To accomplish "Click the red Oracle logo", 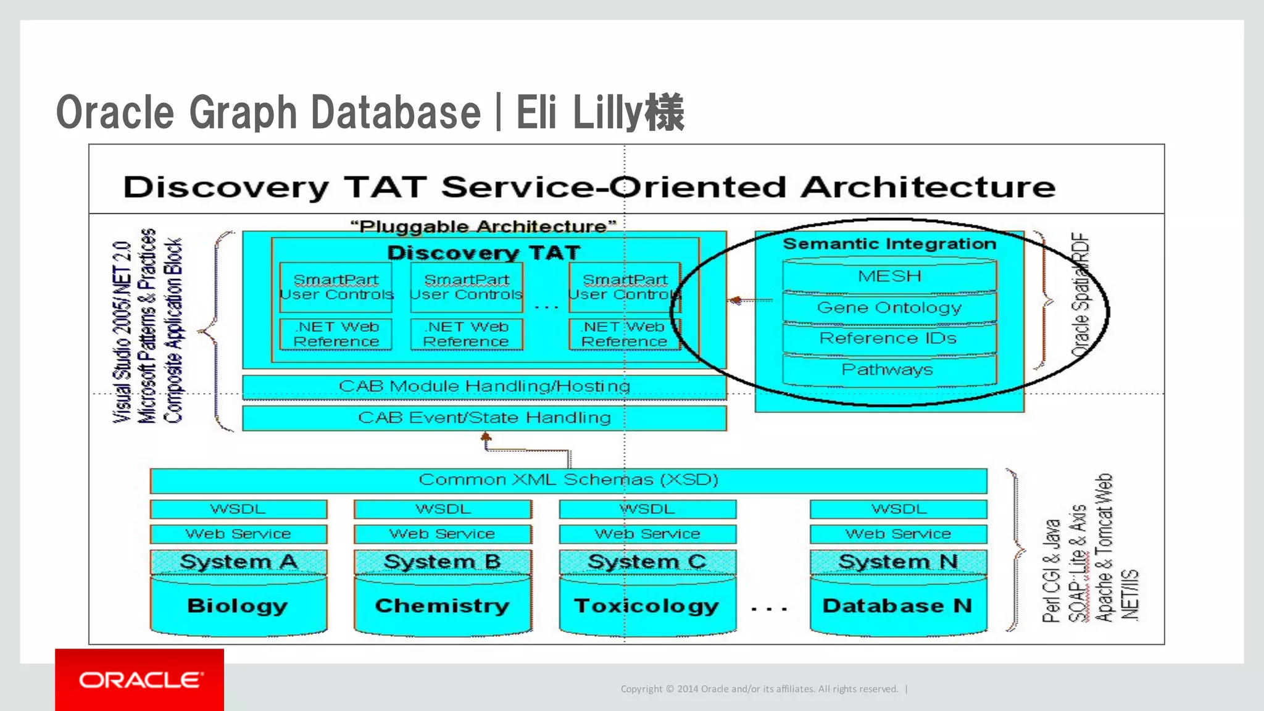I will [x=139, y=680].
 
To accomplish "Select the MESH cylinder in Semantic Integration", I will [x=889, y=276].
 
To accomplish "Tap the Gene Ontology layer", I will [x=889, y=307].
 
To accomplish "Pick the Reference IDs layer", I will [x=889, y=338].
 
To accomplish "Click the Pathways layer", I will [x=889, y=370].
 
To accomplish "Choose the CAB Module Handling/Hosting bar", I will [x=484, y=386].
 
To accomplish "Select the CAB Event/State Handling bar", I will [x=484, y=418].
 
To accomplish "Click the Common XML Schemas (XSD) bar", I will [x=568, y=480].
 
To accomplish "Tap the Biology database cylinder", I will [x=238, y=605].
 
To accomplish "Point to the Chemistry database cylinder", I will [x=443, y=605].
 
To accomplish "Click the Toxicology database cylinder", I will [x=647, y=605].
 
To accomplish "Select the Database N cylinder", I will [x=898, y=605].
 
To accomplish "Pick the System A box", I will [x=238, y=562].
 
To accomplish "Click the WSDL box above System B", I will [x=443, y=509].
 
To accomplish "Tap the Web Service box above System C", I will [x=647, y=534].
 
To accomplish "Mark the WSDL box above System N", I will [x=898, y=509].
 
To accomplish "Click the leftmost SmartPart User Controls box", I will [x=336, y=288].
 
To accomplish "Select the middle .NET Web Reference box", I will [x=467, y=334].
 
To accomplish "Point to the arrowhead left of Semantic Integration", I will [x=735, y=301].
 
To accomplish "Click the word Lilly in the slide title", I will [x=608, y=113].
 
